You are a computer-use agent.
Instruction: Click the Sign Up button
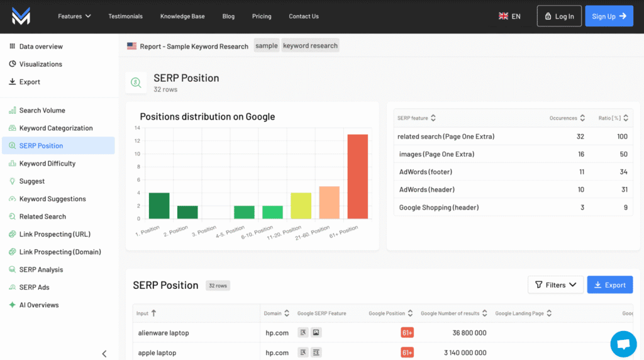tap(609, 16)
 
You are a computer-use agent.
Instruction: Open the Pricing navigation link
tap(262, 16)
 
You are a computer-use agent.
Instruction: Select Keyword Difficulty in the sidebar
tap(47, 164)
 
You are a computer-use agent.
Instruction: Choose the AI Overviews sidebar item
tap(39, 305)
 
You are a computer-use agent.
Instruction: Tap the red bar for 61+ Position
tap(357, 176)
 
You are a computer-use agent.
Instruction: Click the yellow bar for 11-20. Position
tap(301, 206)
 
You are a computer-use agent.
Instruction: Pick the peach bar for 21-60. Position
tap(329, 202)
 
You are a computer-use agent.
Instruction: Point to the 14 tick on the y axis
tap(137, 128)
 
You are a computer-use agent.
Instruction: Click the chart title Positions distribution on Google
tap(207, 116)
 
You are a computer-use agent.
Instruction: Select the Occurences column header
tap(563, 118)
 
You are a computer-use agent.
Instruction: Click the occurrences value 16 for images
tap(580, 154)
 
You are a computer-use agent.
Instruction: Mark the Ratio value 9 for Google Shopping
tap(625, 208)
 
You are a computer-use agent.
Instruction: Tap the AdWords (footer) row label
tap(426, 172)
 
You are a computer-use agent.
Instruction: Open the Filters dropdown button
tap(555, 285)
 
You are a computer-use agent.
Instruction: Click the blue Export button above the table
tap(609, 285)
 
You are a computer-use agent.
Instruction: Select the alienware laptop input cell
tap(164, 333)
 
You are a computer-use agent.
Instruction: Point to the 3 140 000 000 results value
tap(465, 353)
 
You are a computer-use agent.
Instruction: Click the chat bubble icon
tap(623, 344)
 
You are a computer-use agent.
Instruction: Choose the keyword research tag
tap(310, 46)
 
